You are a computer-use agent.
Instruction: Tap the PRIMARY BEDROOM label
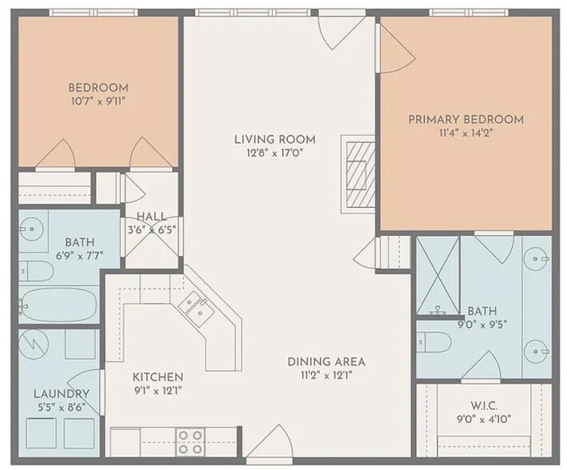(466, 120)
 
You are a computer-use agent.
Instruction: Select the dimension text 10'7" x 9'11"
(98, 102)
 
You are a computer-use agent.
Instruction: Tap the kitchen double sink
(194, 307)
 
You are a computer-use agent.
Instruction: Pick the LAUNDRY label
(61, 394)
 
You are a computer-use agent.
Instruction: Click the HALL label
(151, 216)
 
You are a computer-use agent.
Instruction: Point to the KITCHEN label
(158, 377)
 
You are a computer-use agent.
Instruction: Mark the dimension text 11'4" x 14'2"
(466, 134)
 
